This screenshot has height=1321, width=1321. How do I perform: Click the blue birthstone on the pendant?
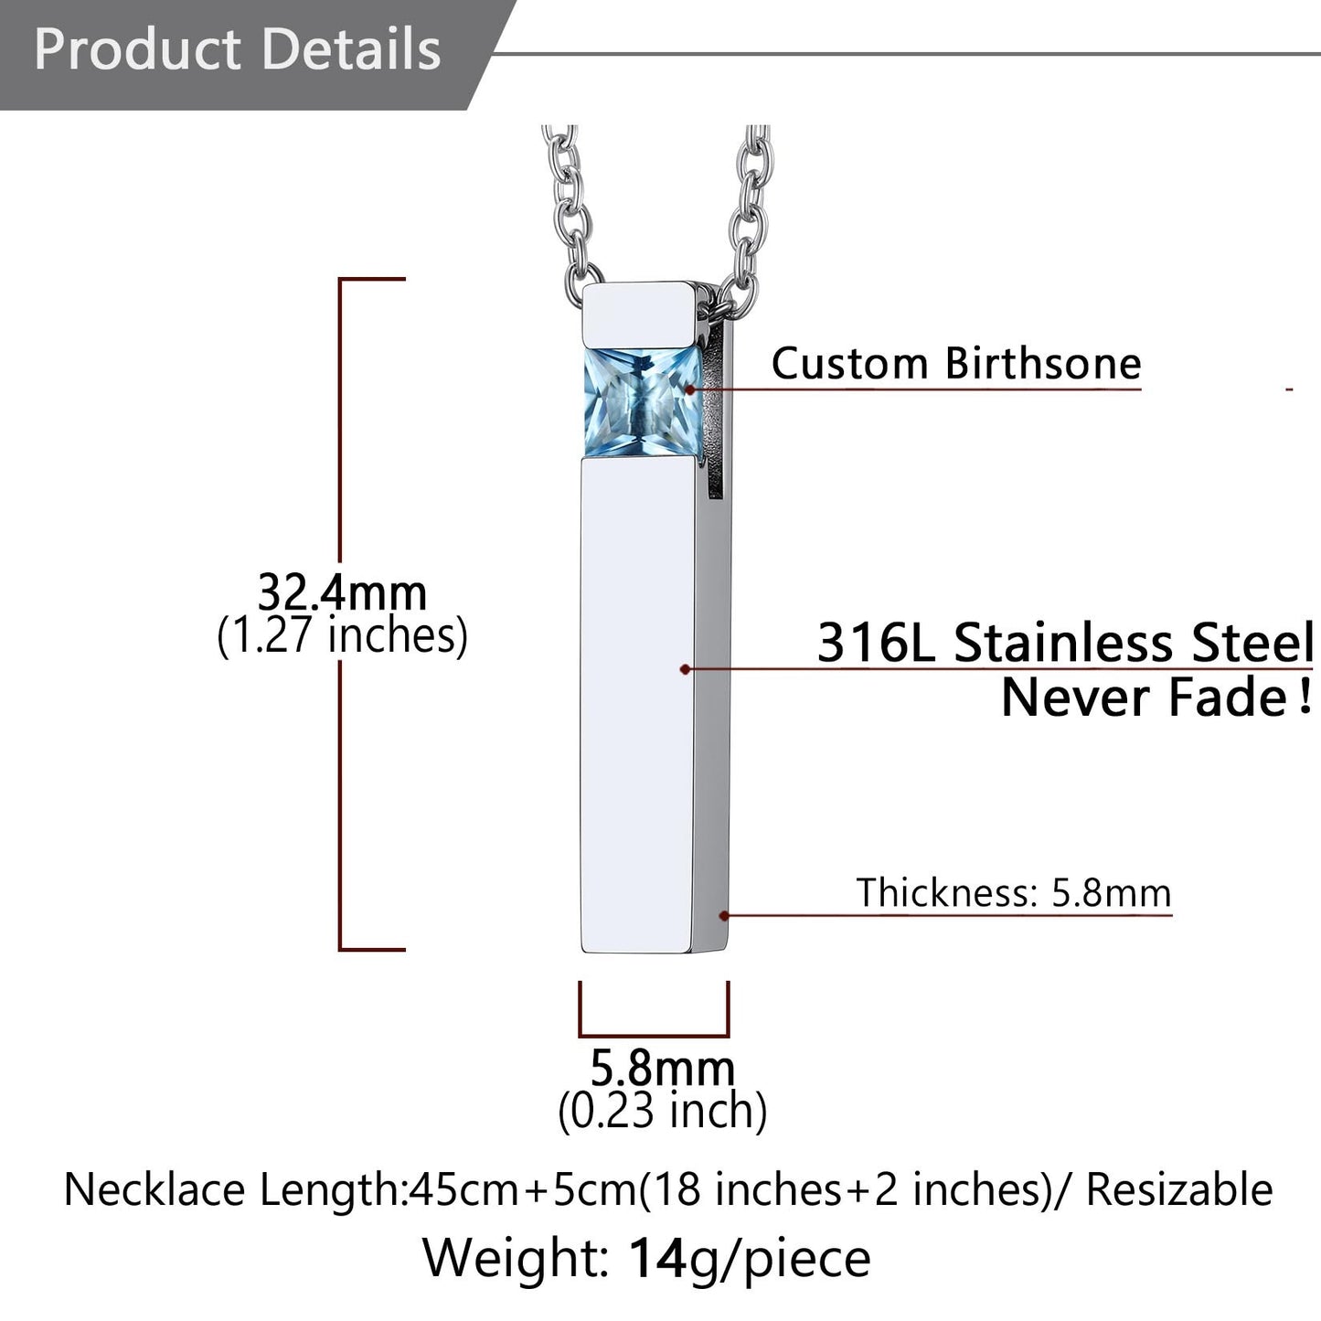[643, 401]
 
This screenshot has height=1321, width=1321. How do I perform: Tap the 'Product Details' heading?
[237, 49]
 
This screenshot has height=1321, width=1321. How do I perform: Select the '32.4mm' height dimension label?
[342, 592]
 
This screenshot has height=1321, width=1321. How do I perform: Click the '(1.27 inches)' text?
[342, 635]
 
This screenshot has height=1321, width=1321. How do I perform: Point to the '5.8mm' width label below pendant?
[662, 1068]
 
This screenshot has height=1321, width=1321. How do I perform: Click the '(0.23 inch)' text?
[662, 1112]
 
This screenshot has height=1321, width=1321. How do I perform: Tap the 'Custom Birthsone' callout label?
[956, 363]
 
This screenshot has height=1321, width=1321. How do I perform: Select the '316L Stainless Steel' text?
[1065, 643]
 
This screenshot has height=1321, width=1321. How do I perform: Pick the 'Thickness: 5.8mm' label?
[1014, 892]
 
